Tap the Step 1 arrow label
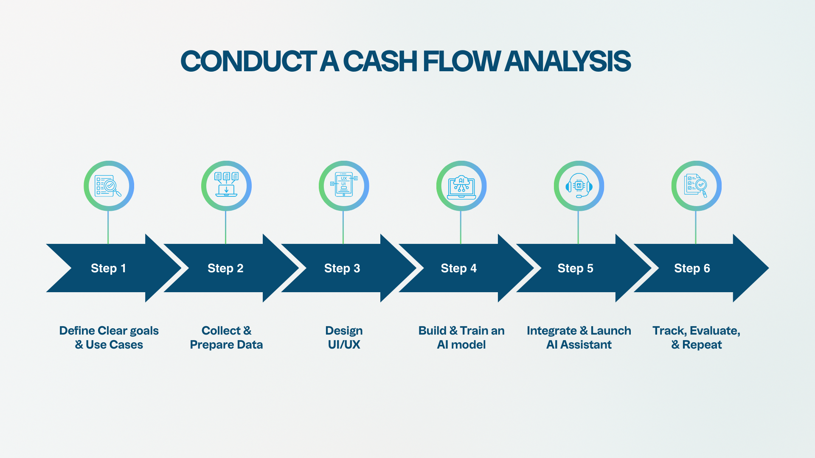[x=108, y=268]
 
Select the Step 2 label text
[x=225, y=268]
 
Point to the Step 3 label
[x=342, y=268]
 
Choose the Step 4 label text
[x=459, y=268]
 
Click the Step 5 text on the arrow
[x=575, y=268]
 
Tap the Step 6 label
[x=692, y=268]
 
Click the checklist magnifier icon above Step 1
[x=109, y=186]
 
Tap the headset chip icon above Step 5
[x=579, y=186]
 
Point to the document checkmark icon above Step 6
[x=696, y=186]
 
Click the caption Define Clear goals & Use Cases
[x=109, y=338]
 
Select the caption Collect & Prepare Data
[x=226, y=338]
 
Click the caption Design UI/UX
[x=344, y=338]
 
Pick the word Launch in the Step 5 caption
[x=610, y=331]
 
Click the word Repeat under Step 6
[x=702, y=345]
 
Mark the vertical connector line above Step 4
[x=461, y=227]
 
